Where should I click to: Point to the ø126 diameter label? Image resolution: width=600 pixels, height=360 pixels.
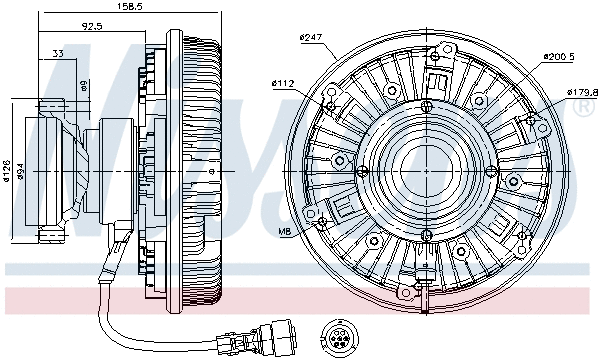7,173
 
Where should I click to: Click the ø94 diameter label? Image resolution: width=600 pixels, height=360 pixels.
22,173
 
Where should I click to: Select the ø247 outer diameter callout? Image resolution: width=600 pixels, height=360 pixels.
313,38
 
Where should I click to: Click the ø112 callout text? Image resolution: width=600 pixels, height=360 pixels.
284,83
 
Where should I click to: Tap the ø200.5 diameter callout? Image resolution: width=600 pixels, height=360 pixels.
558,57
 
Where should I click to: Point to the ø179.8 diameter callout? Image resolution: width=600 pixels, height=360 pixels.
580,93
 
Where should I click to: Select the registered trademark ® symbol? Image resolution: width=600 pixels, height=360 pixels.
584,109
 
